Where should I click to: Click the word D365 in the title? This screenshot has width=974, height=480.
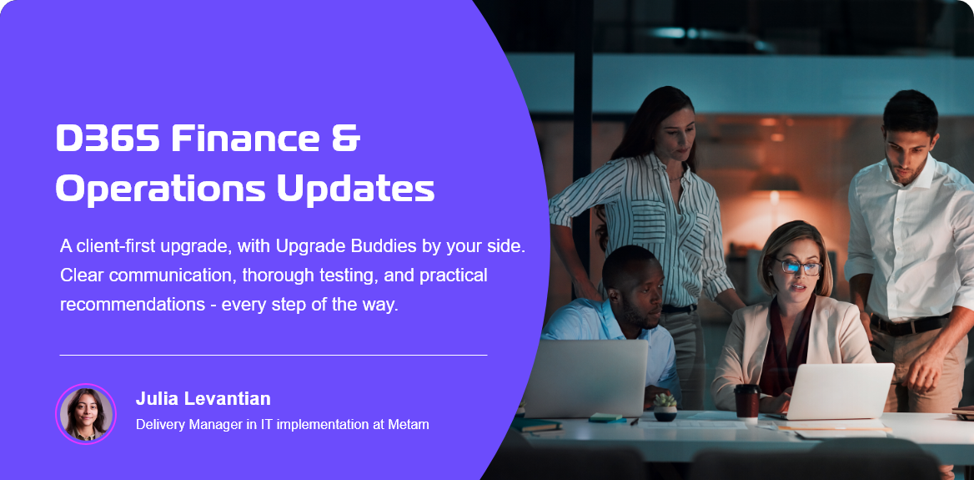point(106,139)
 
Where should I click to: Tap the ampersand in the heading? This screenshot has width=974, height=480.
point(344,139)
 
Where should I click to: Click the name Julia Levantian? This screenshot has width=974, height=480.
point(203,399)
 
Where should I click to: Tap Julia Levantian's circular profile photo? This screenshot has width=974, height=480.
point(85,414)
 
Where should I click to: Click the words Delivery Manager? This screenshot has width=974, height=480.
point(185,425)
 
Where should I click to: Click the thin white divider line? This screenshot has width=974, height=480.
point(273,355)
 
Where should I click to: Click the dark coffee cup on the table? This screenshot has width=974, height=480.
point(746,401)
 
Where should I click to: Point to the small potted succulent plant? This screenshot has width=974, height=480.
point(665,406)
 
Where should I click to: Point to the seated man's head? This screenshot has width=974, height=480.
point(631,284)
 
